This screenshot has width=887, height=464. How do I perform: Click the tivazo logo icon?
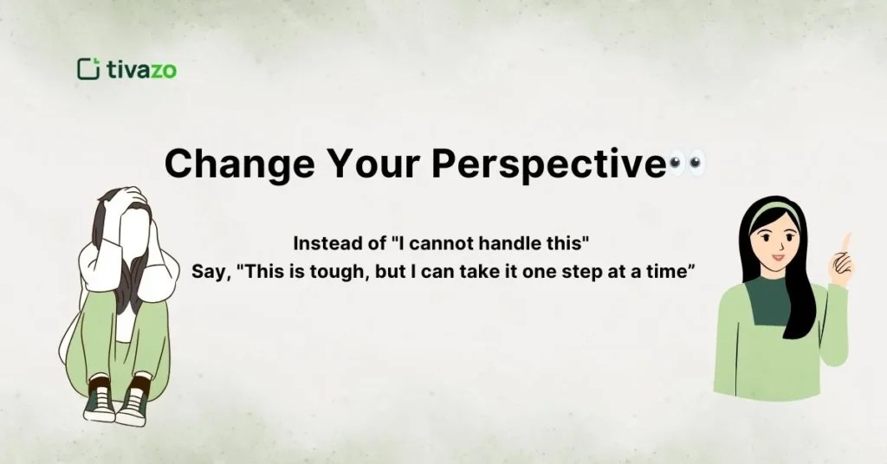(88, 69)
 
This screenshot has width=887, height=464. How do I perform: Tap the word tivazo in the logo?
(141, 70)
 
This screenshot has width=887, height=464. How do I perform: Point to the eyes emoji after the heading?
(688, 163)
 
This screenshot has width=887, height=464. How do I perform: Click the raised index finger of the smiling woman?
(846, 243)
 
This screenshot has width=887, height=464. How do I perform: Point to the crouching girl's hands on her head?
(126, 201)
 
